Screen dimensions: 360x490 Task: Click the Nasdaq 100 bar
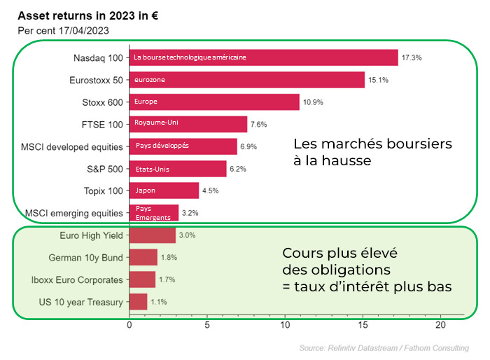pos(263,57)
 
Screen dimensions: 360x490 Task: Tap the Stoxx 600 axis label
pos(103,102)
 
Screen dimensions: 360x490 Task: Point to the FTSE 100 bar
pos(188,124)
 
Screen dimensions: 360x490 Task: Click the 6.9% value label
pos(249,146)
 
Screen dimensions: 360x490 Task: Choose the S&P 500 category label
pos(104,168)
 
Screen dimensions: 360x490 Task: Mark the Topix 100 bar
pos(164,191)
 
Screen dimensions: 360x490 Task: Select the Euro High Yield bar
pos(153,235)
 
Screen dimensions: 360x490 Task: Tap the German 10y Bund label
pos(87,257)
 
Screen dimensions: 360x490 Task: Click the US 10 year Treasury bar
pos(138,302)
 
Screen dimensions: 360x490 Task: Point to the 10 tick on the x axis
pos(284,325)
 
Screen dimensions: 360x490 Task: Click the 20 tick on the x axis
pos(440,325)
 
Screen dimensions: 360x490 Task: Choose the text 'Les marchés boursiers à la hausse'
pos(372,152)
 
